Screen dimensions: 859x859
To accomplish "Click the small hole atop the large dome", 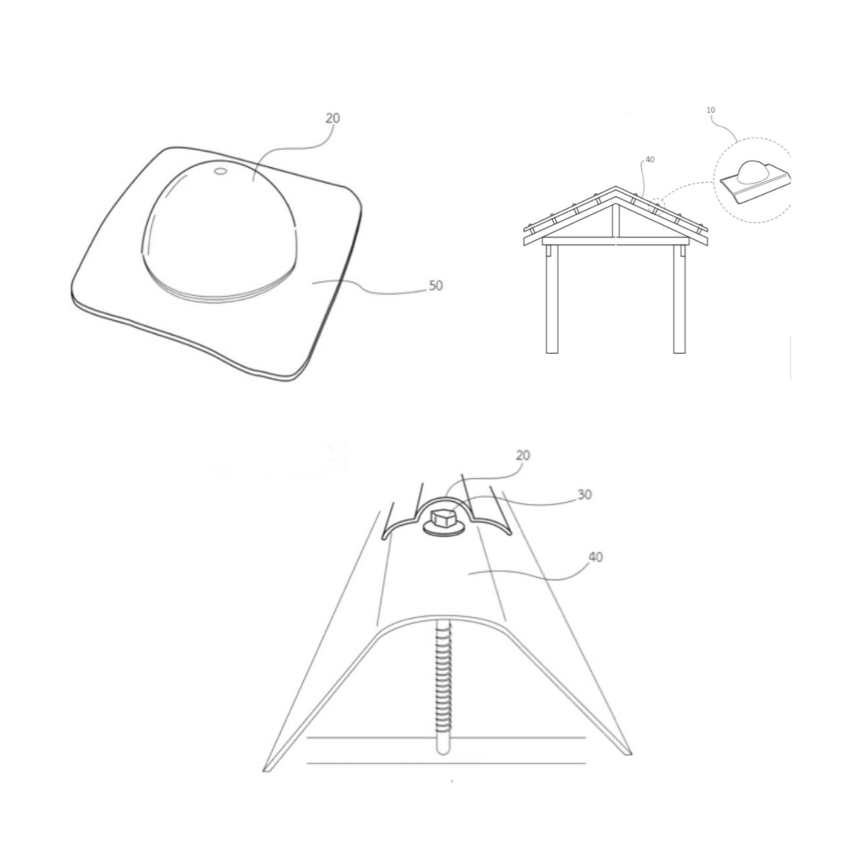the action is coord(221,172).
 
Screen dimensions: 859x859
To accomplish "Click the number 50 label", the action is coord(436,286).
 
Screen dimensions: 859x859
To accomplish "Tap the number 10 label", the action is coord(710,110).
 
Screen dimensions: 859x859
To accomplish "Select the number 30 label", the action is coord(585,495).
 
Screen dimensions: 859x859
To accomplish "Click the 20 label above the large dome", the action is coord(332,118).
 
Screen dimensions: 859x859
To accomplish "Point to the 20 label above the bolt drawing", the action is coord(523,455).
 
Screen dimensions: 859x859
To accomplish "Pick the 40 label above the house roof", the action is coord(650,160).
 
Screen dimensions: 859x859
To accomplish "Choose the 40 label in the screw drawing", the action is coord(596,557).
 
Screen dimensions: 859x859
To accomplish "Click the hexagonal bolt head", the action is coord(444,517).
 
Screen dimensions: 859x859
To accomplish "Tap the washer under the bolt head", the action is coord(444,527).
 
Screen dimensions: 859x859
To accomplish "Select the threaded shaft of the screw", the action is coord(443,687).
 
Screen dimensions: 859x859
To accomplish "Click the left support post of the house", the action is coord(552,298).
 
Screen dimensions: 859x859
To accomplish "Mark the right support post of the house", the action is coord(679,298).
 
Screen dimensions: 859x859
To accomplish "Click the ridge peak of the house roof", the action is coord(616,188).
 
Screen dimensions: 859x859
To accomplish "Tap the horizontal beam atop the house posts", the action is coord(616,241).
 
